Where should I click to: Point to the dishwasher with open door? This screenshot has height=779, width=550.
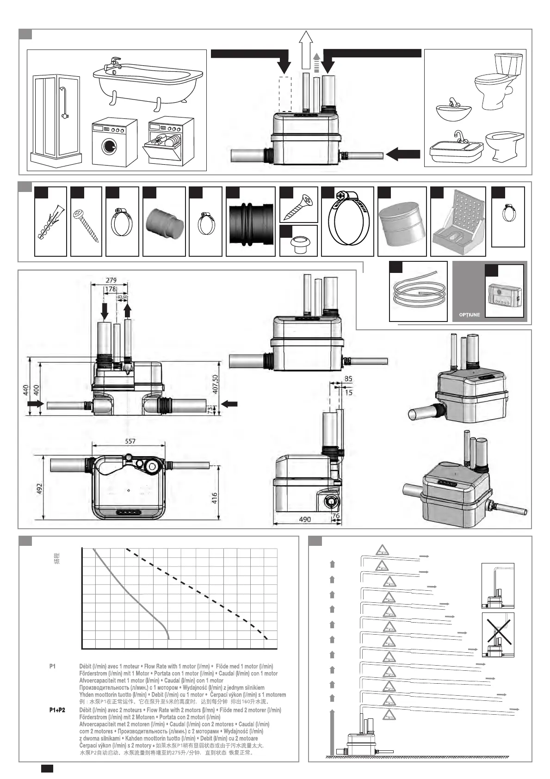pyautogui.click(x=170, y=141)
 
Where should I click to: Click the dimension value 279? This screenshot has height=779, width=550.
pyautogui.click(x=111, y=280)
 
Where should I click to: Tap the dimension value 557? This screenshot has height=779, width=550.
pyautogui.click(x=130, y=441)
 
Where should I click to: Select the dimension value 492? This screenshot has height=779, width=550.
pyautogui.click(x=39, y=488)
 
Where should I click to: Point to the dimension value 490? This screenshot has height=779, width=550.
pyautogui.click(x=305, y=519)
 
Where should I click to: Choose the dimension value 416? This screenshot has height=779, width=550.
pyautogui.click(x=214, y=498)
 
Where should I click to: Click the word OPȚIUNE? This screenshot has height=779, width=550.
pyautogui.click(x=469, y=315)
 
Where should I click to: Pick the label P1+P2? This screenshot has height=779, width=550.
pyautogui.click(x=57, y=710)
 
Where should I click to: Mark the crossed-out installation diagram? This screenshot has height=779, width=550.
pyautogui.click(x=498, y=634)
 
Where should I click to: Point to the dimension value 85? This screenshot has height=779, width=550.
pyautogui.click(x=348, y=378)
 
